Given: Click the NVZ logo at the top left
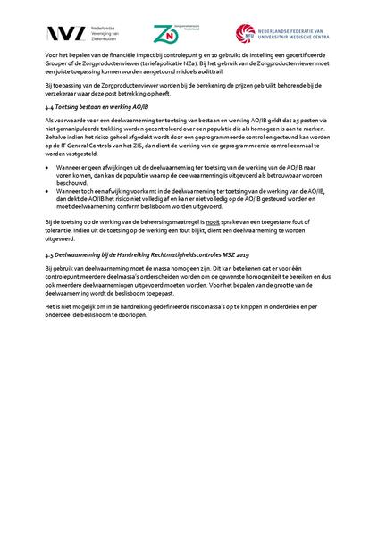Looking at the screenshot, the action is (x=60, y=34).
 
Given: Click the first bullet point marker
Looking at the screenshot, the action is (x=57, y=165).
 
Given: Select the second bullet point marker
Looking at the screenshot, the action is (x=57, y=189).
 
